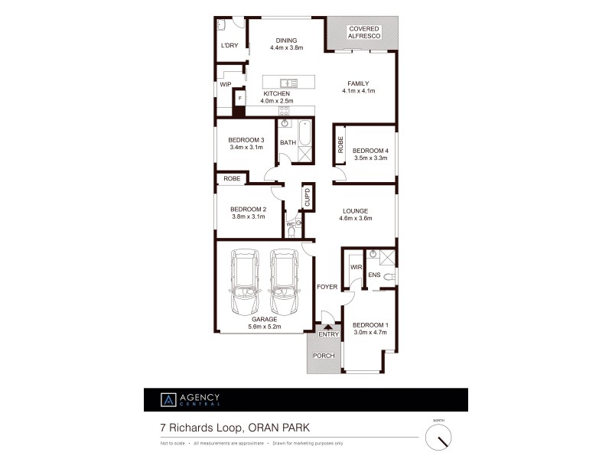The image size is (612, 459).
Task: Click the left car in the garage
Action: (246, 282)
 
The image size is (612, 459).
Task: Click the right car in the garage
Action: (284, 282)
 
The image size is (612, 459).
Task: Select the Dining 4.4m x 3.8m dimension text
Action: (286, 47)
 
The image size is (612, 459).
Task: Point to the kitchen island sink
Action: (288, 83)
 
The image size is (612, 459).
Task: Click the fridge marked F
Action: (239, 99)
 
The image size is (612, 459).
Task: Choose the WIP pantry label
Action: (226, 85)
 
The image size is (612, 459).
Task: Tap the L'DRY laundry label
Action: (229, 46)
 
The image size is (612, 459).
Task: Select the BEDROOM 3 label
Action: (246, 139)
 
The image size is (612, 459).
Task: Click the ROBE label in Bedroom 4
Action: (340, 145)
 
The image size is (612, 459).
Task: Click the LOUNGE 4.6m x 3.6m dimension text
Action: (355, 219)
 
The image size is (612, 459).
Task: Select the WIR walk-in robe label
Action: (355, 268)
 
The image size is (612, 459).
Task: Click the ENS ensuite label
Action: (375, 275)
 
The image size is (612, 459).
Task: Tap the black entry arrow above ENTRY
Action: (327, 326)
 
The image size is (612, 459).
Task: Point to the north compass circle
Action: (438, 437)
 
